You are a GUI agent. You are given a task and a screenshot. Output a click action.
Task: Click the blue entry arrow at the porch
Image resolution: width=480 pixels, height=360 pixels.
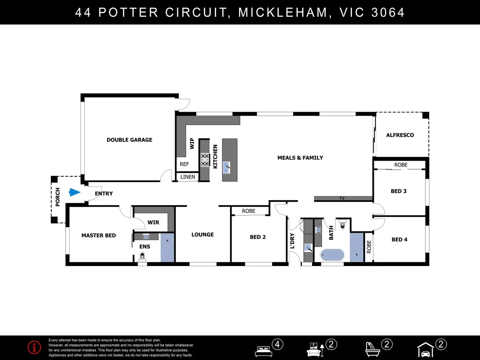click(75, 192)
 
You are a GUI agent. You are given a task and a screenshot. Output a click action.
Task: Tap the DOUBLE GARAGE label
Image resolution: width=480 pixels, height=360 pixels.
click(129, 140)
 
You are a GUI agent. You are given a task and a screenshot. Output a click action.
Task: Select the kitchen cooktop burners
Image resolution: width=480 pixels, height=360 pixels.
click(205, 160)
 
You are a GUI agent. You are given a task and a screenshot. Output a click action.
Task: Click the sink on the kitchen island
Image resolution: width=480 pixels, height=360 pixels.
click(226, 168)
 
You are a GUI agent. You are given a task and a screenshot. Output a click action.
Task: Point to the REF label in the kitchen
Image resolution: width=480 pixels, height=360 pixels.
click(184, 164)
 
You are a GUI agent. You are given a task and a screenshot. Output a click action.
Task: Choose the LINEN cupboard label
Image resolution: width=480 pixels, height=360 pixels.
click(188, 177)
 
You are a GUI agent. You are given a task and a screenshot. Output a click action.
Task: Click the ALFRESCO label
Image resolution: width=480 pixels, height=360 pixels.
click(400, 135)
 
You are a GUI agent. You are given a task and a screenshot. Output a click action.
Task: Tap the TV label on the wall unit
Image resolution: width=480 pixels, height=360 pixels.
click(342, 198)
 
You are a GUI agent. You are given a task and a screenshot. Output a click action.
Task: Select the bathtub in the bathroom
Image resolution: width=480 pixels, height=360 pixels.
click(332, 255)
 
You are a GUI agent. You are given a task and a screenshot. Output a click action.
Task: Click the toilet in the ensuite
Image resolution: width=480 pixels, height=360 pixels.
click(142, 257)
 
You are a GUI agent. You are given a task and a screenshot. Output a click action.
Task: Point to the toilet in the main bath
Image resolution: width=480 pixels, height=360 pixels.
click(343, 224)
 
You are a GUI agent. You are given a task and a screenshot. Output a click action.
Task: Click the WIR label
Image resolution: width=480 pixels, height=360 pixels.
click(153, 223)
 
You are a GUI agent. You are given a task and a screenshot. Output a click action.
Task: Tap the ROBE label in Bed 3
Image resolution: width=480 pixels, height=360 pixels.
click(401, 165)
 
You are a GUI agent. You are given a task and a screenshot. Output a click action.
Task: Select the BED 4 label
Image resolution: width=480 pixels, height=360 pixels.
click(399, 240)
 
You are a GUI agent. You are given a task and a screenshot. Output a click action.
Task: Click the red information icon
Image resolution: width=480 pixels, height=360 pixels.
click(34, 347)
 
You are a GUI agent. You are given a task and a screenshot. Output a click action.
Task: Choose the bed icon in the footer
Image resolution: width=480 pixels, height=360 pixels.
click(264, 351)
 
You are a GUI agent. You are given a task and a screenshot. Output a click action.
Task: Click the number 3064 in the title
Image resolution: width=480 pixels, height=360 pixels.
click(388, 12)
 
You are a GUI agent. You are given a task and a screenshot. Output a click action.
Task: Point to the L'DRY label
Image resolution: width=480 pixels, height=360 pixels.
click(292, 241)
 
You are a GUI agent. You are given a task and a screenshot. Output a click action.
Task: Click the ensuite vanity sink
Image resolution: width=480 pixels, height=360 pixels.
click(146, 237)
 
